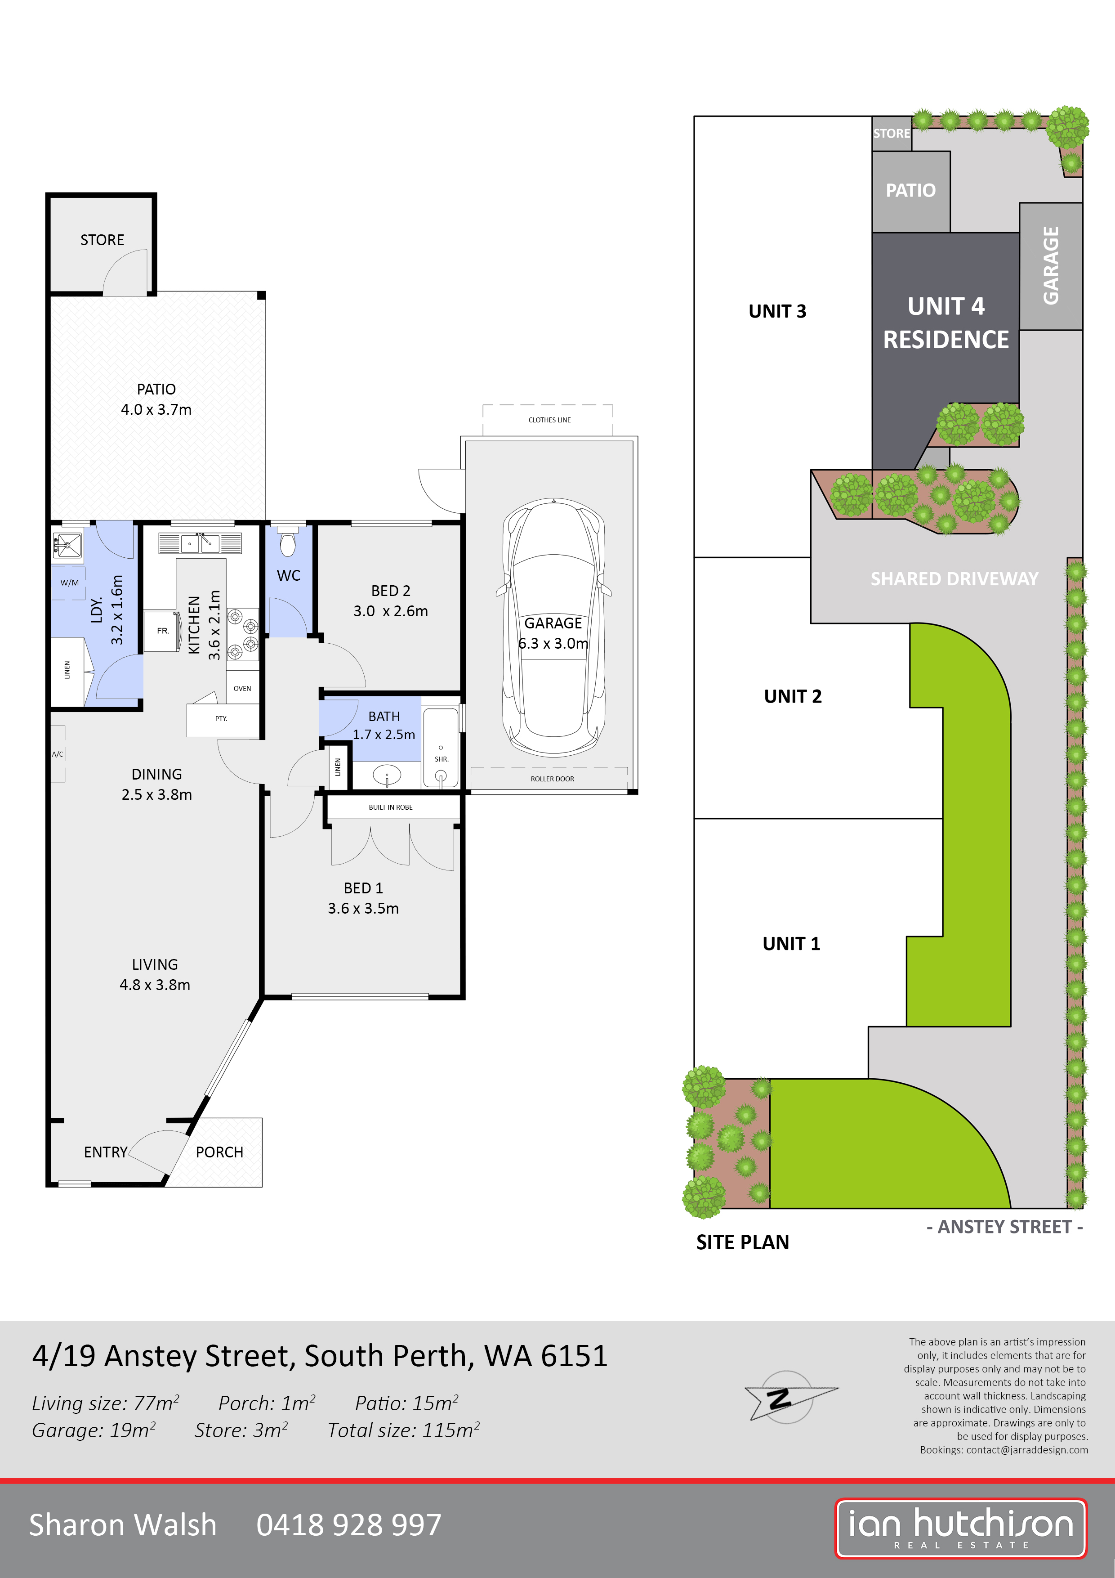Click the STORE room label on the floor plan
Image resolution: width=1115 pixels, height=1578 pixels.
[x=103, y=240]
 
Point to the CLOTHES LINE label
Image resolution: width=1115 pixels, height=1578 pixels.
[x=549, y=420]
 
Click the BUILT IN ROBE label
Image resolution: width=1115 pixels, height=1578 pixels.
[x=390, y=807]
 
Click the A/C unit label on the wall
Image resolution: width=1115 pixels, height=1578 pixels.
[x=58, y=754]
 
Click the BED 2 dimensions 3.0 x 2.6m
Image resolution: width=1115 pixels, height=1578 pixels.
[x=390, y=611]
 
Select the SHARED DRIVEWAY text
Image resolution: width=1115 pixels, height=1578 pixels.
[x=954, y=578]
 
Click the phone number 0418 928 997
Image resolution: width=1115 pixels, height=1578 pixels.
[x=348, y=1525]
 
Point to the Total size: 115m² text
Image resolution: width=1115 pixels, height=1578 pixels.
[x=403, y=1430]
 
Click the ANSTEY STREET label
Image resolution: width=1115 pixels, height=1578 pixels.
[x=1004, y=1227]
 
